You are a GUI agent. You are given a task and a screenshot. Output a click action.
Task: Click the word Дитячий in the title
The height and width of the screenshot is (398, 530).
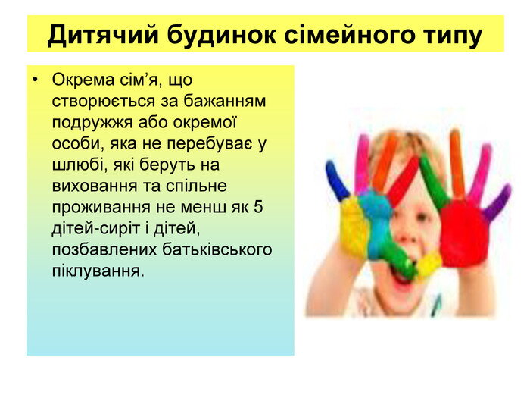103,35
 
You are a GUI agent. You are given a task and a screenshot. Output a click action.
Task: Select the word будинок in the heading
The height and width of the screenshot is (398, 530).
221,35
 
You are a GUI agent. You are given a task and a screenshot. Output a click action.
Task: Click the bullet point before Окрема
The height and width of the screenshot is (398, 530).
35,80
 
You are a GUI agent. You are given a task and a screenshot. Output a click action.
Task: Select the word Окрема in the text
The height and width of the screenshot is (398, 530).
83,80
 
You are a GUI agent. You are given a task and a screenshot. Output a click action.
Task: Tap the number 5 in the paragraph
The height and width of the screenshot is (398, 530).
258,207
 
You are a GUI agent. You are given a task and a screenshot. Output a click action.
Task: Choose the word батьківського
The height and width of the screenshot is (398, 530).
217,249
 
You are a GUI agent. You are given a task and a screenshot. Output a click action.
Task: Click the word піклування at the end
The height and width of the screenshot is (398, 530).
98,271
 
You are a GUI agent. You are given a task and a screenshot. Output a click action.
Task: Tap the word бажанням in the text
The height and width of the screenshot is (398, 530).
225,101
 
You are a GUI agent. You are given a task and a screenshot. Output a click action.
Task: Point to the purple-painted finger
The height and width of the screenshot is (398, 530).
496,203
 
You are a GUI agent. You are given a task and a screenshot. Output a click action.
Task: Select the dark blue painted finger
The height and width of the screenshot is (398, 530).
337,180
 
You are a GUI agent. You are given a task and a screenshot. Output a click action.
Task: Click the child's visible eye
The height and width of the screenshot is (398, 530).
421,217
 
